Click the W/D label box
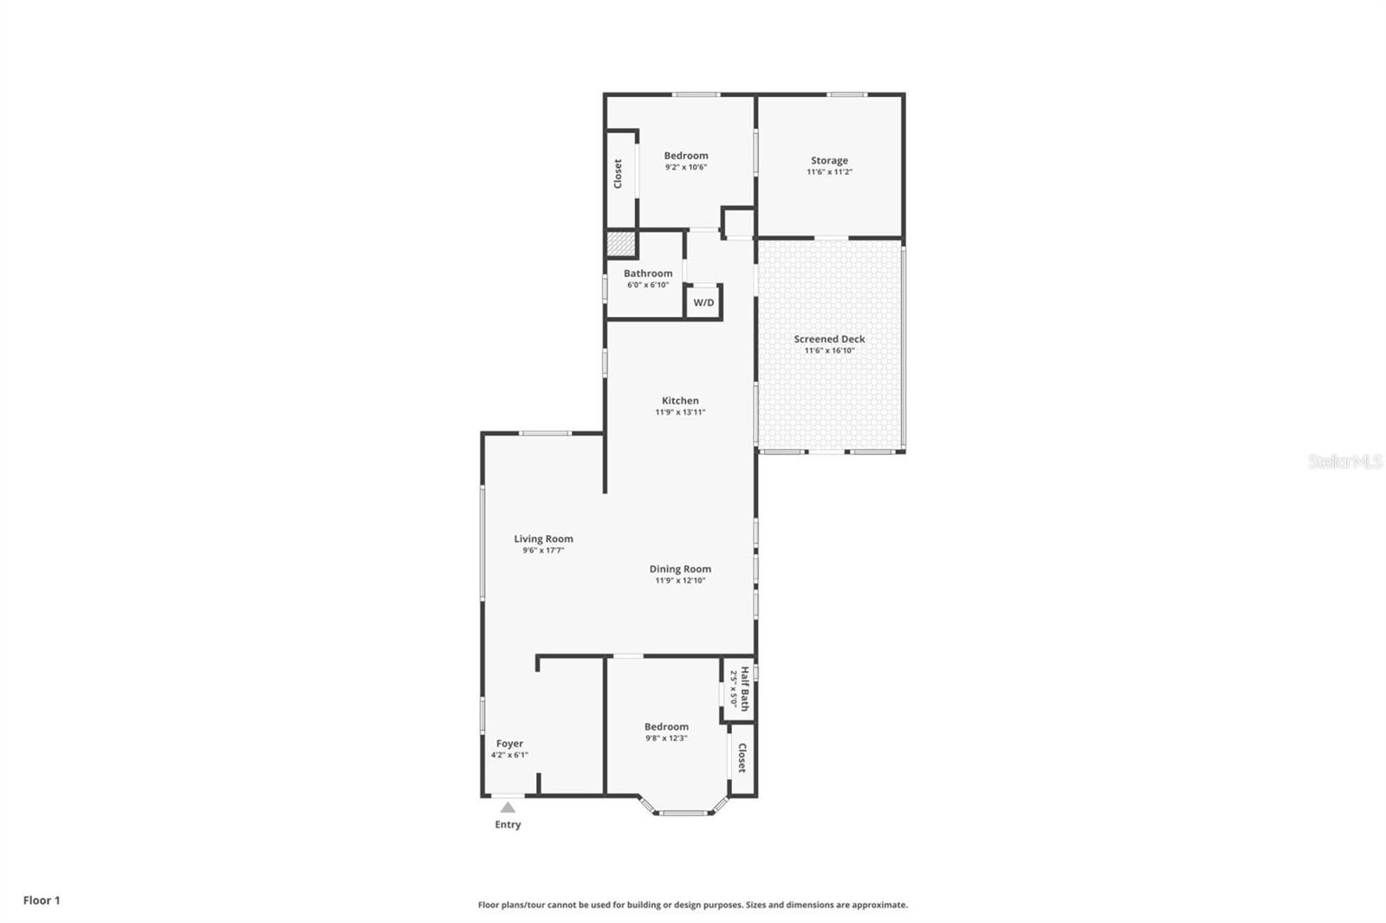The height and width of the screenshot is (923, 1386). point(703,302)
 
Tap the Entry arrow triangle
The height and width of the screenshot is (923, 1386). point(508,808)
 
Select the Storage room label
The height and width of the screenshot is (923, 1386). point(829,160)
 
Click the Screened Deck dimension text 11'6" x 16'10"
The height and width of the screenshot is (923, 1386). point(829,351)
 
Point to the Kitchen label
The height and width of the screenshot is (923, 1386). point(680,400)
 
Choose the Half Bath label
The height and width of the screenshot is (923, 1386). point(745,688)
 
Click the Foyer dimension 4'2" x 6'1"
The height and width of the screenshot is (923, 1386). point(509,755)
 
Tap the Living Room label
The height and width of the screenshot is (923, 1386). point(543,539)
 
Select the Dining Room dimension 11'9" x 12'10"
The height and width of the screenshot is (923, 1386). point(680,580)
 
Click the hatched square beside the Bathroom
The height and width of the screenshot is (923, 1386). point(619,244)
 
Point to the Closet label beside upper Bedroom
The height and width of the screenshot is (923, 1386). point(618,173)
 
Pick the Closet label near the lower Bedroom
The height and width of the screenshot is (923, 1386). point(742,758)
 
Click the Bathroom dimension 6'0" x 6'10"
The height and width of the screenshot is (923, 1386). point(648,285)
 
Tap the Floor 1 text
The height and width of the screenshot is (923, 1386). point(42,900)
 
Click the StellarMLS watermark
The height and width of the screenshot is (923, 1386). point(1344,461)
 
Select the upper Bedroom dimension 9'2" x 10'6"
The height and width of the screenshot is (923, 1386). point(686,167)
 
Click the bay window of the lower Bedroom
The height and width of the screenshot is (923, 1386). point(683,812)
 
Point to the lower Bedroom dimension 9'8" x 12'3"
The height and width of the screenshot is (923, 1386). point(666,739)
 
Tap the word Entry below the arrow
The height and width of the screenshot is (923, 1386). point(508,824)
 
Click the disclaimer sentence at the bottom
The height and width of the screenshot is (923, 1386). point(693,905)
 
